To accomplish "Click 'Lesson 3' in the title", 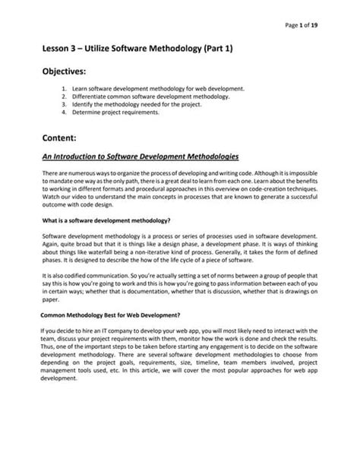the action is pyautogui.click(x=63, y=47).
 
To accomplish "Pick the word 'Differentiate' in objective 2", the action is pyautogui.click(x=110, y=98).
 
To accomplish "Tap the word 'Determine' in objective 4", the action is pyautogui.click(x=108, y=113).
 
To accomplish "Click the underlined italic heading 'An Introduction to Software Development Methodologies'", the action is pyautogui.click(x=141, y=157).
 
